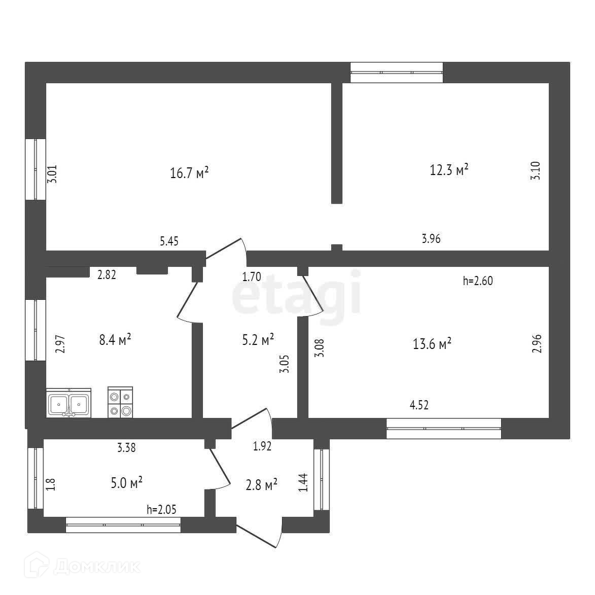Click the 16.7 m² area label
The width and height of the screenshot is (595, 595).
pyautogui.click(x=189, y=173)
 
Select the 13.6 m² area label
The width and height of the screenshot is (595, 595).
pyautogui.click(x=432, y=344)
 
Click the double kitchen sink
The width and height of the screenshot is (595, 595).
pyautogui.click(x=68, y=404)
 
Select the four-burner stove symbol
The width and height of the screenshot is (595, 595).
pyautogui.click(x=121, y=403)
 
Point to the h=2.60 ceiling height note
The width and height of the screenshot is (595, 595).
pyautogui.click(x=478, y=280)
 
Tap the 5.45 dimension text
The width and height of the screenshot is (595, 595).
pyautogui.click(x=170, y=241)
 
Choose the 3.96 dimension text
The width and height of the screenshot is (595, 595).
pyautogui.click(x=431, y=238)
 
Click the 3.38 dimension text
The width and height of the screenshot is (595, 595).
pyautogui.click(x=126, y=447)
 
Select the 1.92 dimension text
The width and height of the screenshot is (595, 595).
pyautogui.click(x=262, y=446)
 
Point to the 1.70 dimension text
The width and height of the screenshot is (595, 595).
pyautogui.click(x=252, y=277)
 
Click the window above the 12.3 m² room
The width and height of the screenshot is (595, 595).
pyautogui.click(x=397, y=72)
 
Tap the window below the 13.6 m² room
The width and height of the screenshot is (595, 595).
pyautogui.click(x=444, y=428)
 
